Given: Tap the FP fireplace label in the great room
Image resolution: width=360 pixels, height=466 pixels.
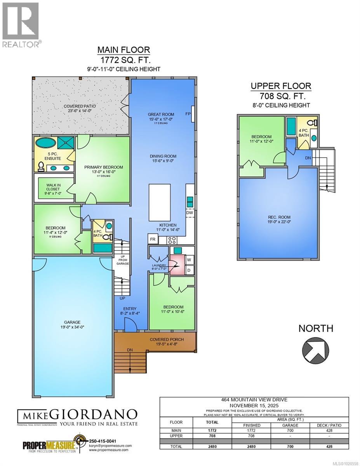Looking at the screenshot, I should [x=188, y=114].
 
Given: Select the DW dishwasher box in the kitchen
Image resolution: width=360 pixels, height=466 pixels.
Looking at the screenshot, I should [x=190, y=213].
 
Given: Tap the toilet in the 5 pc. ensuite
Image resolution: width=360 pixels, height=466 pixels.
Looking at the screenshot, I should [x=41, y=166].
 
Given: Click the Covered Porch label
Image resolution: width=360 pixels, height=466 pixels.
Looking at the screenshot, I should [x=167, y=339].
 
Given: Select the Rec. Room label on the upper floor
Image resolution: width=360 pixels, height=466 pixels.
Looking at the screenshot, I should [x=278, y=217].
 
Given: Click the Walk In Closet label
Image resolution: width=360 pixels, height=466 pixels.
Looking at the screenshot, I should [x=53, y=186].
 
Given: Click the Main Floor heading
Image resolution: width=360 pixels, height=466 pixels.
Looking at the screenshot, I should [x=123, y=50].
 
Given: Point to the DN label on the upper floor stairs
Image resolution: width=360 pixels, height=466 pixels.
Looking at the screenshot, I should [x=308, y=158].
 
